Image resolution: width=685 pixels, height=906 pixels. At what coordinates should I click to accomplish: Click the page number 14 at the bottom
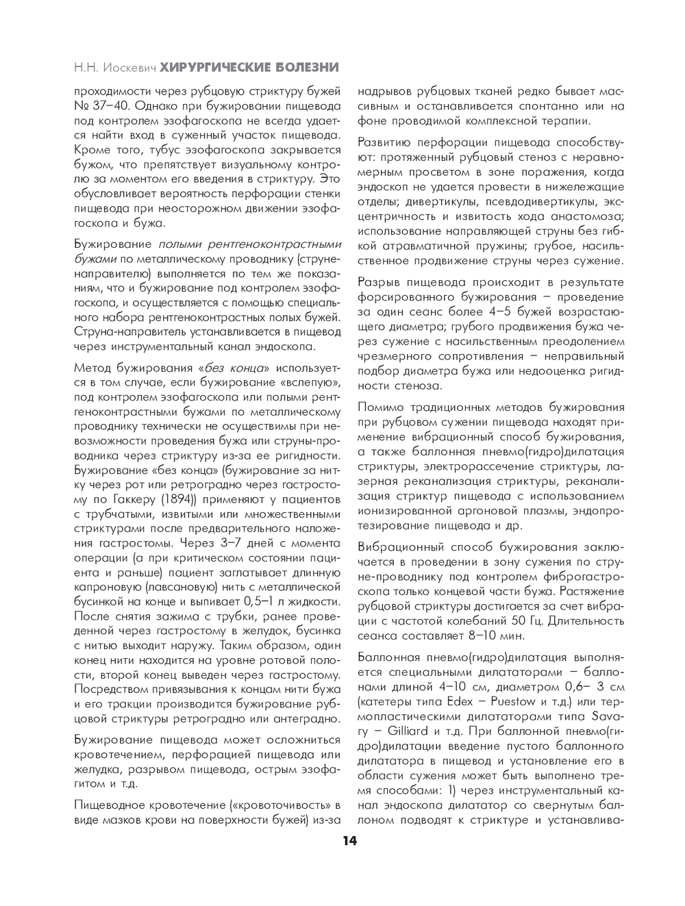click(349, 841)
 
